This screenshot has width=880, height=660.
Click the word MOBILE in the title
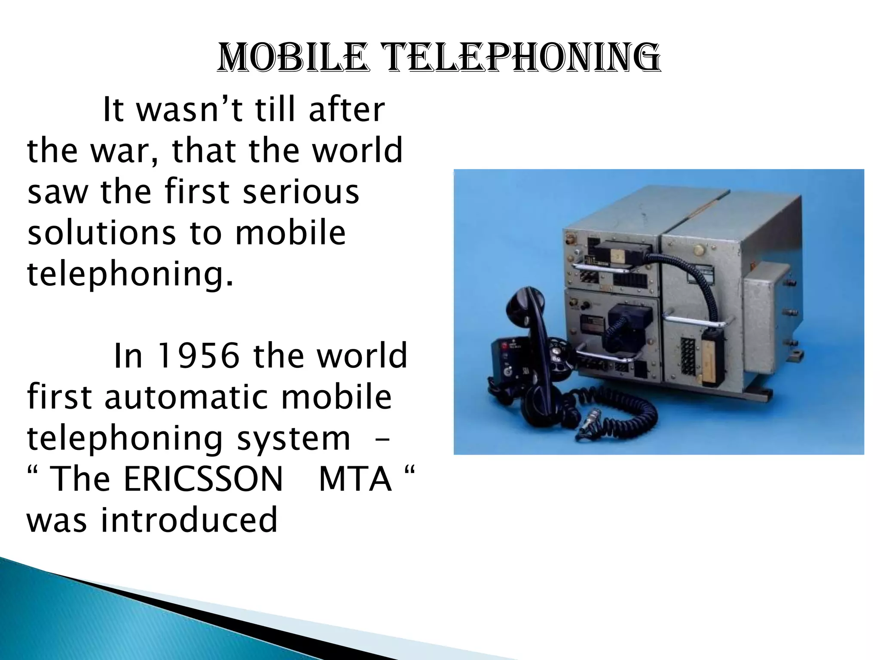tap(293, 58)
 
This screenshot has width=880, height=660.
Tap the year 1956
tap(199, 356)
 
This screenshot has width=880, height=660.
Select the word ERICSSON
tap(203, 479)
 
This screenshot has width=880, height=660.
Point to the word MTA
tap(355, 479)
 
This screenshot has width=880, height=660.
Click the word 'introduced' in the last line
tap(189, 520)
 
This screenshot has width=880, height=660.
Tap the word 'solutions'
tap(102, 233)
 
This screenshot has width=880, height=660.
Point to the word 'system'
tap(293, 438)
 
